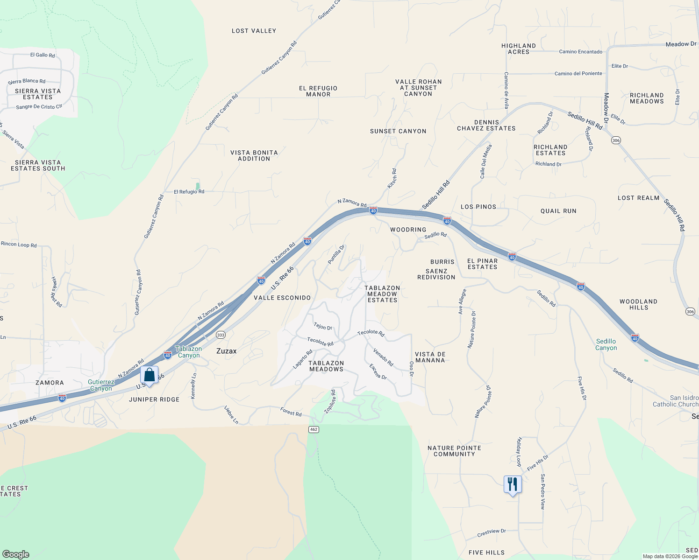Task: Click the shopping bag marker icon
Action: tap(149, 375)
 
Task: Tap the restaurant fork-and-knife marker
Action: tap(513, 484)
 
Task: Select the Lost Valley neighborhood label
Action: tap(254, 31)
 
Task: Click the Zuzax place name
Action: tap(226, 351)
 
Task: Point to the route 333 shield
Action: tap(221, 335)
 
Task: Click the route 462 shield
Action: tap(314, 429)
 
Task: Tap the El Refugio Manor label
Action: tap(318, 91)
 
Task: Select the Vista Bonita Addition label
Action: tap(254, 155)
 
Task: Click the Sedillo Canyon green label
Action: tap(606, 344)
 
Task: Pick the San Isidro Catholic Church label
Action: tap(675, 401)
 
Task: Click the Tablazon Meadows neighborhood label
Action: tap(326, 366)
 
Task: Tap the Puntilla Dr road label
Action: tap(336, 255)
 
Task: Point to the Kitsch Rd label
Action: tap(392, 179)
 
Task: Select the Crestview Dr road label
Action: tap(492, 532)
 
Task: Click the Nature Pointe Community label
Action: tap(454, 451)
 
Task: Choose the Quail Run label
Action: tap(558, 211)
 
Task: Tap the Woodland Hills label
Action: tap(638, 304)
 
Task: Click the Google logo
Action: tap(15, 554)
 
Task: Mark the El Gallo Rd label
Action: tap(43, 55)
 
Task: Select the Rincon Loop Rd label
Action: tap(19, 245)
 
